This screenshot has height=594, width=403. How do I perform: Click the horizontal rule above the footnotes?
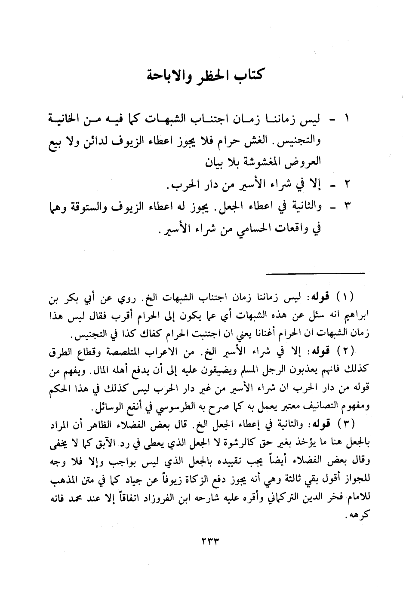pos(315,273)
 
